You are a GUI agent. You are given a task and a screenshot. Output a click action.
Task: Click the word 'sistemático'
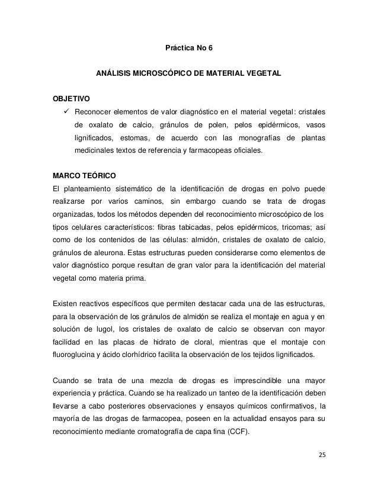(x=127, y=189)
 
